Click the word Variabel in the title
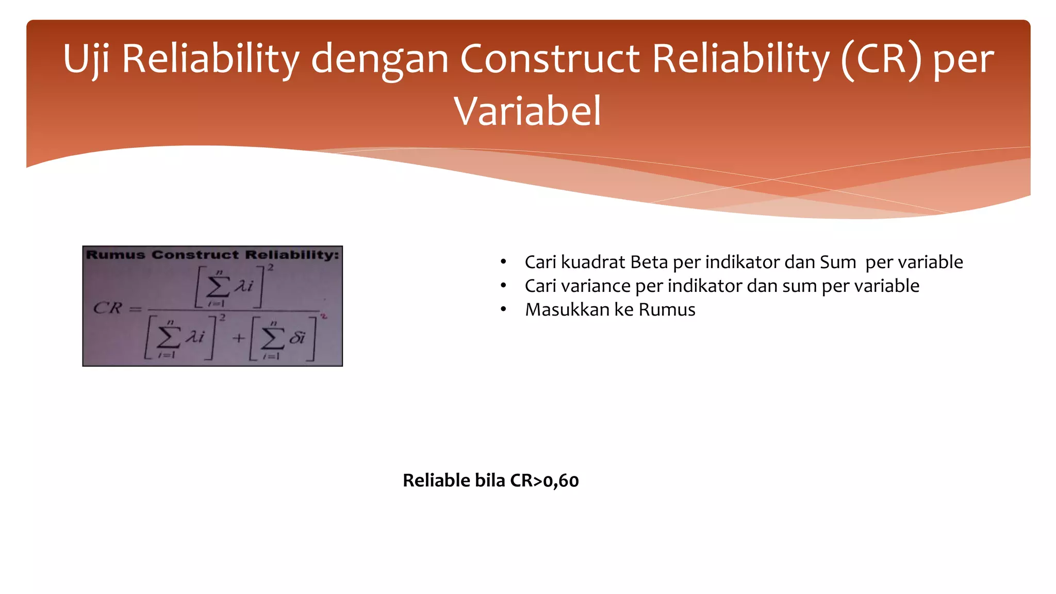coord(527,111)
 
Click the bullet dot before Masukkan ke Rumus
coord(504,309)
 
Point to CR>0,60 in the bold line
coord(544,481)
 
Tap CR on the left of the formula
coord(107,308)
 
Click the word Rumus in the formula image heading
coord(115,255)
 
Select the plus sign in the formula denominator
coord(238,338)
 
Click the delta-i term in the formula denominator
coord(297,338)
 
